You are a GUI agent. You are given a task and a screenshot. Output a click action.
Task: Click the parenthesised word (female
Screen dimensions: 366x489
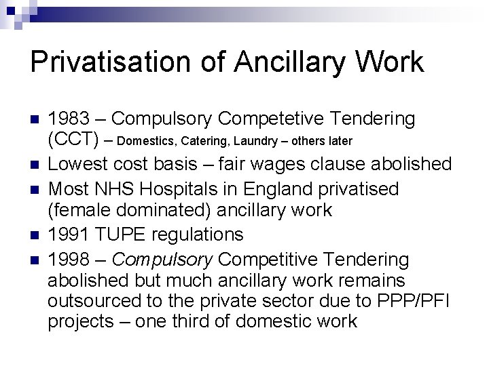(77, 210)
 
